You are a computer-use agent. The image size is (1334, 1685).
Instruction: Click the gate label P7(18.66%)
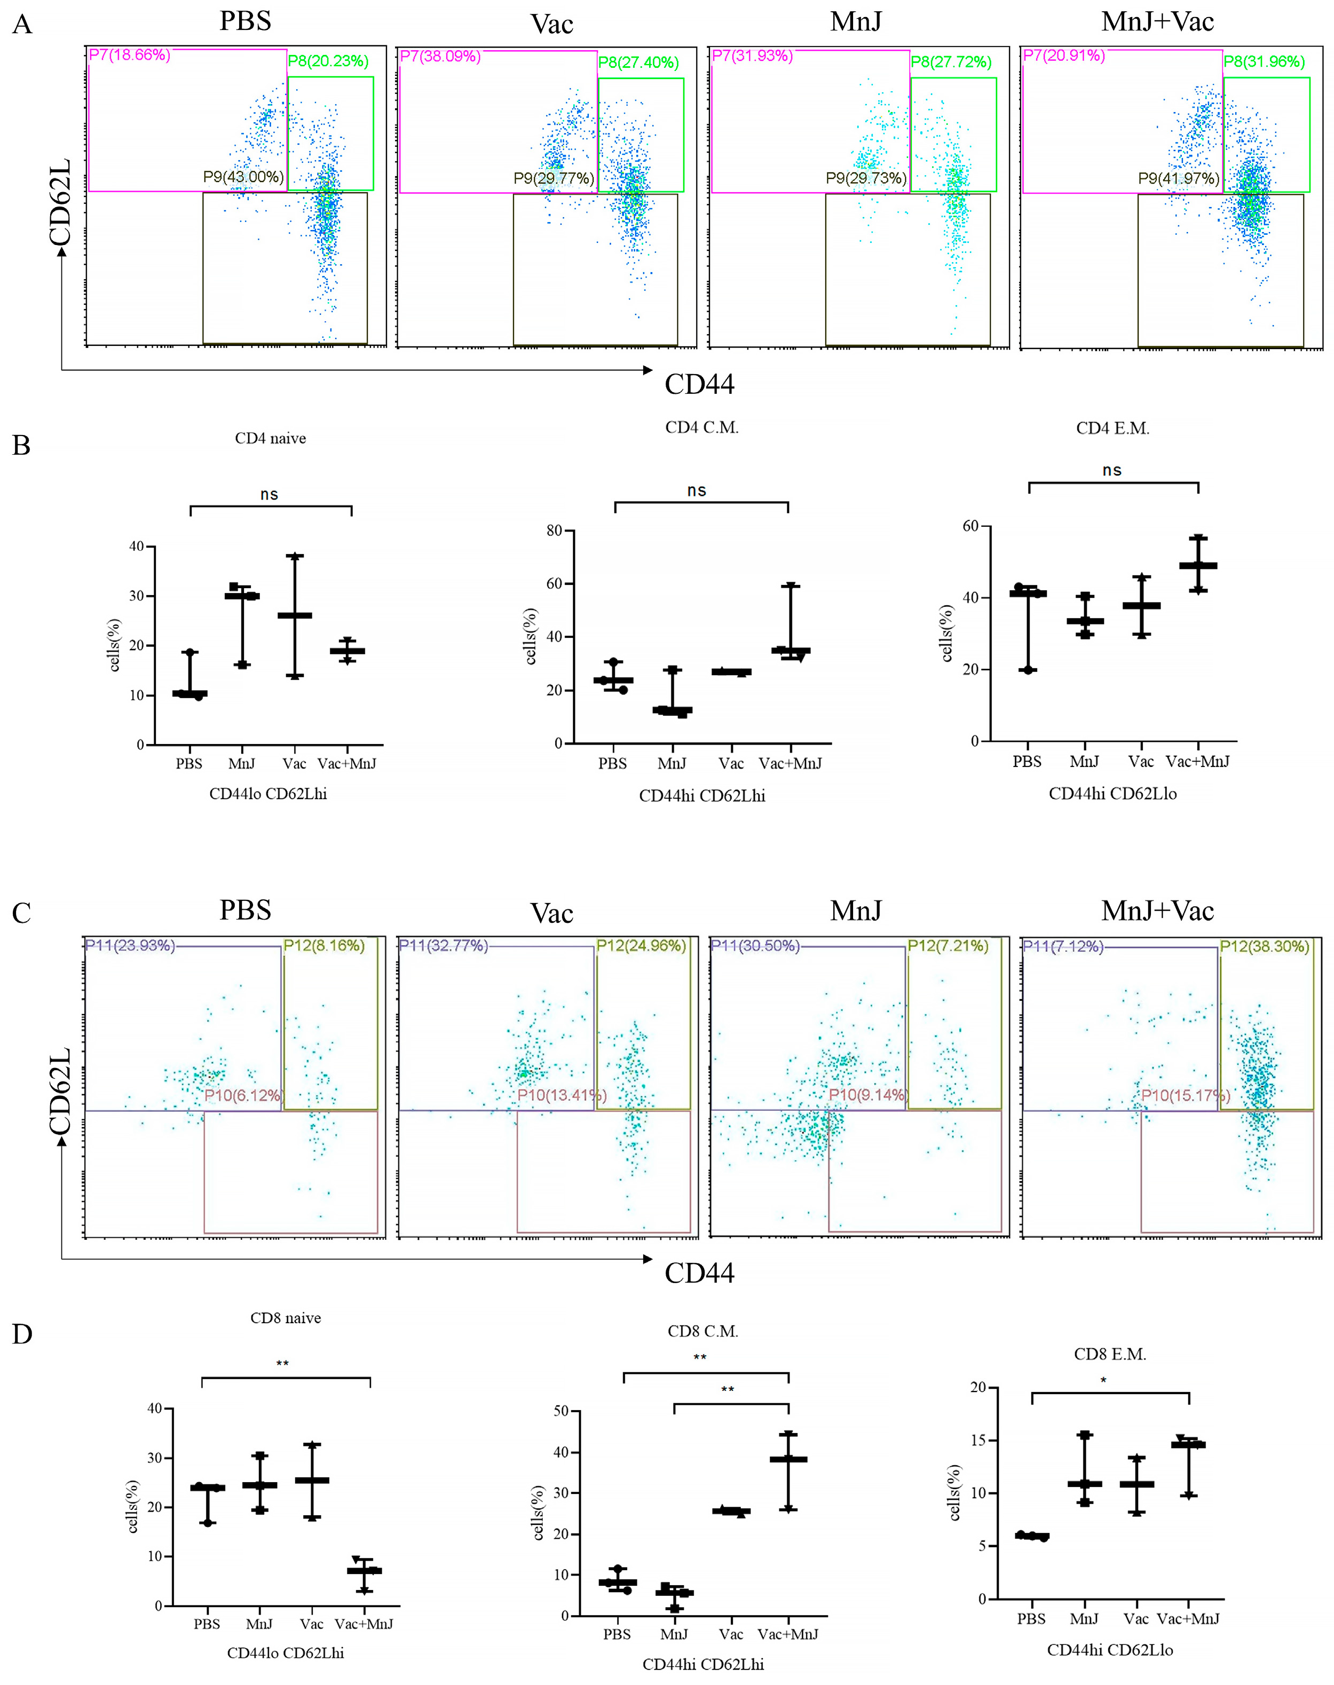130,56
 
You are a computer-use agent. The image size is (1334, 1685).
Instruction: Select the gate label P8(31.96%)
1264,62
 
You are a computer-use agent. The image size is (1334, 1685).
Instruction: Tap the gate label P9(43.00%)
243,177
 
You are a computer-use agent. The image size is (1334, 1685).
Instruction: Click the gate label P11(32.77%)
443,946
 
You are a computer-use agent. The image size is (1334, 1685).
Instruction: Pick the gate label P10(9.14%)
867,1095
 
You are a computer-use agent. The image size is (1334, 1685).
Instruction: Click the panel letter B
22,446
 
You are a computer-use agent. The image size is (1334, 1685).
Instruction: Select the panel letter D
22,1334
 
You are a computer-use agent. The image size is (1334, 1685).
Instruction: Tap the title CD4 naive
270,439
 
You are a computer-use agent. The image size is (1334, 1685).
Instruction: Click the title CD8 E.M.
1110,1355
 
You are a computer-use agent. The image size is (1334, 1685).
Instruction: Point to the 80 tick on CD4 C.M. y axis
555,531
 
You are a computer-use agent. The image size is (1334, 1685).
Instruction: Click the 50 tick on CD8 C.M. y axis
560,1412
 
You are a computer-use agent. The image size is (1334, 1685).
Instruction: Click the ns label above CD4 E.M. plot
1112,471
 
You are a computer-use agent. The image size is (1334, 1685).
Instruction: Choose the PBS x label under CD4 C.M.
612,764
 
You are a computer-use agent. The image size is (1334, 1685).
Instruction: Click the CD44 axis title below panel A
699,384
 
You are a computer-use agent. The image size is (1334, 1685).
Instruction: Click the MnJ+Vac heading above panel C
1157,911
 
